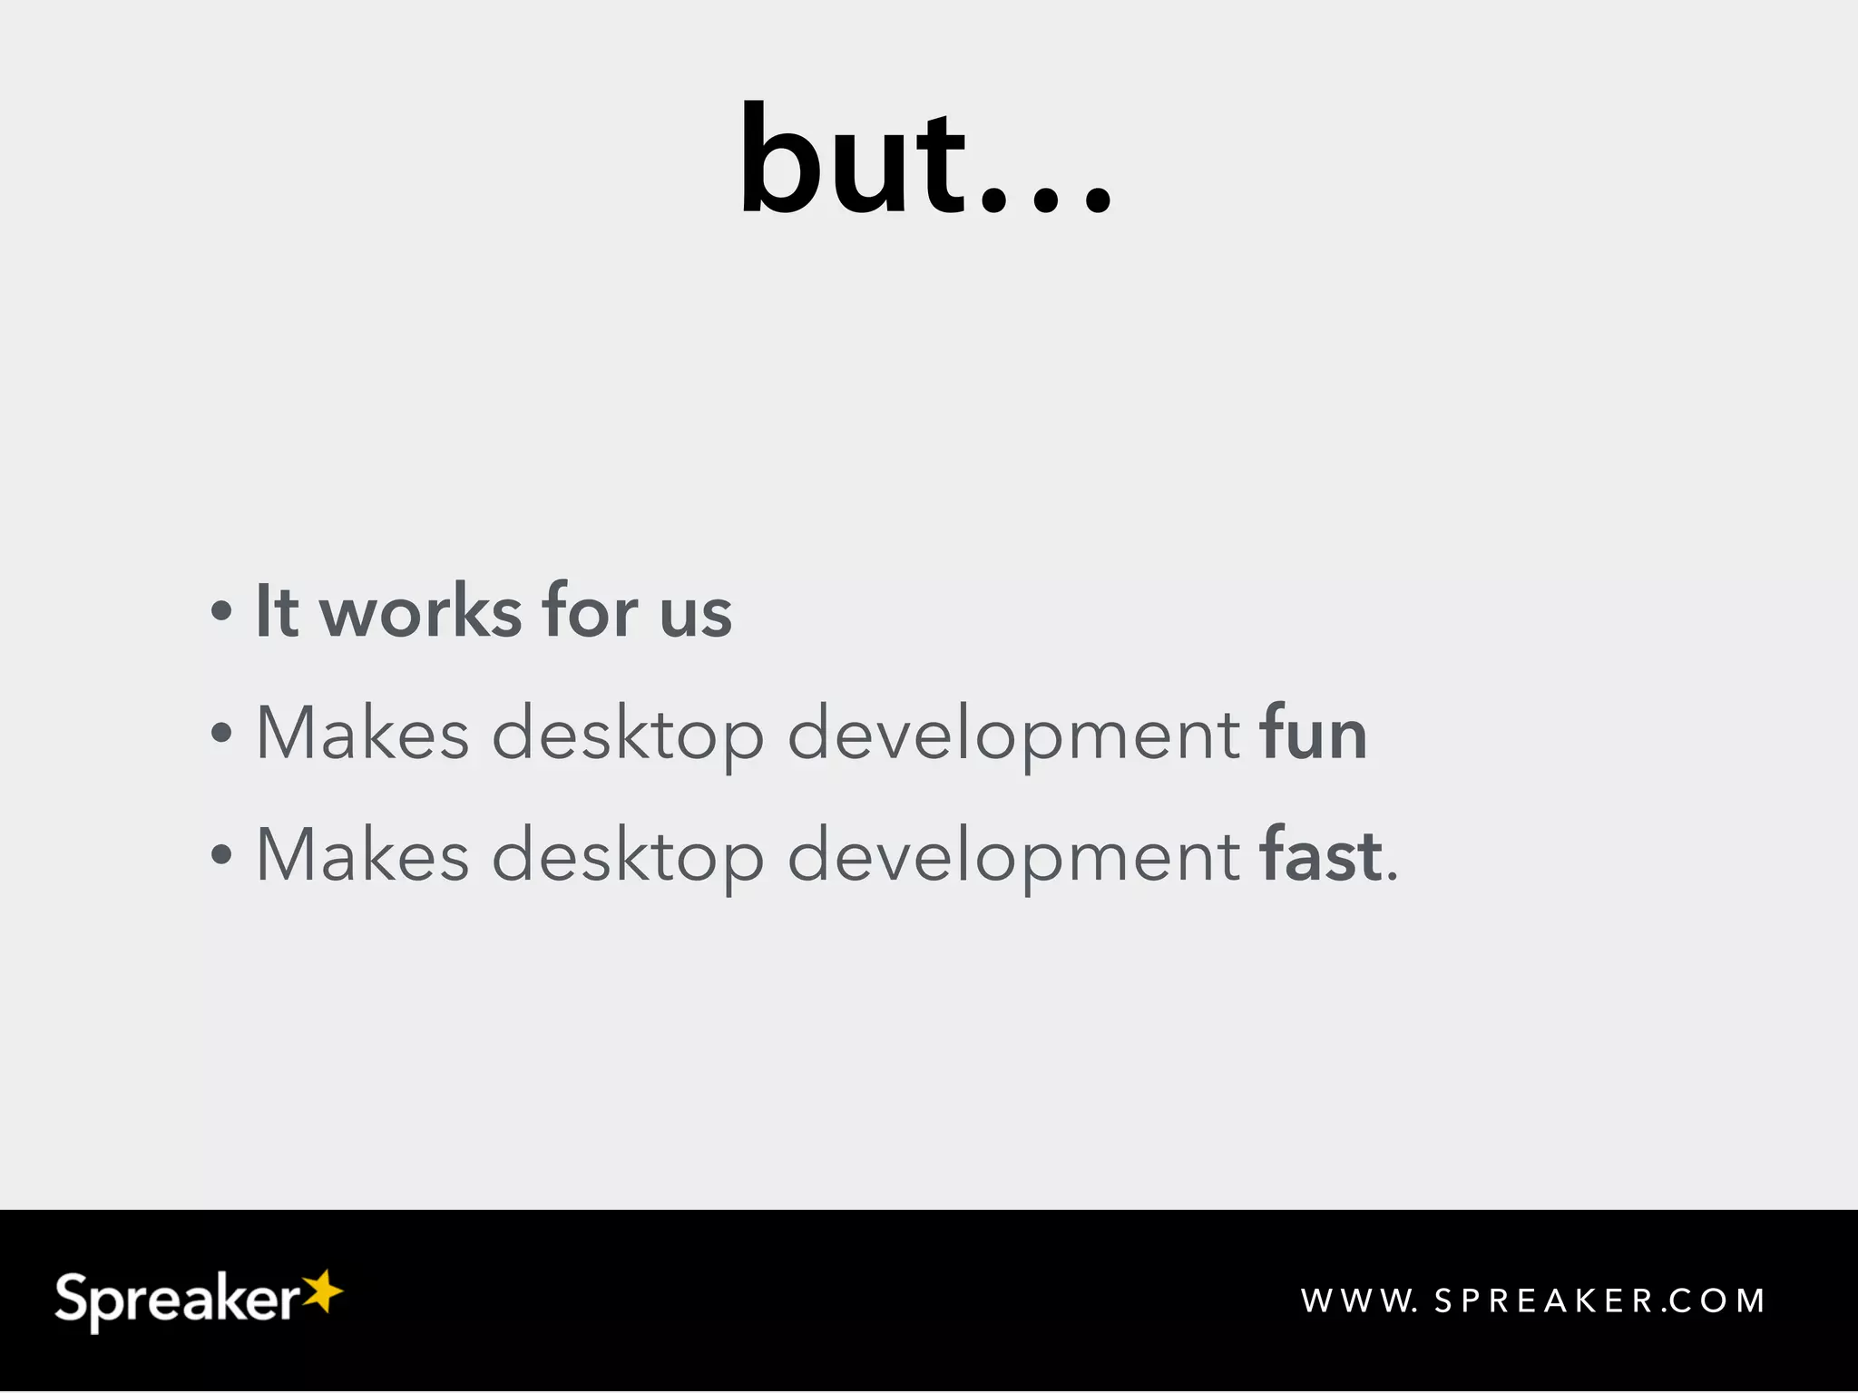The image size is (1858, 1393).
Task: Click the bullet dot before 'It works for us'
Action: point(220,611)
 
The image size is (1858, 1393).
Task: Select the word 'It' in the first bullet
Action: point(277,611)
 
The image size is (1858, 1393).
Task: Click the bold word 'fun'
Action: point(1313,733)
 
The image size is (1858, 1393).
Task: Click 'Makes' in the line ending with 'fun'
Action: point(363,733)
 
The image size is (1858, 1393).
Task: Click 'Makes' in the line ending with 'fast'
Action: point(363,854)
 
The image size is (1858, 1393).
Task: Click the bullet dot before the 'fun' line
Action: point(220,733)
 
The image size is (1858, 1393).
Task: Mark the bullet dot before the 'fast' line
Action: point(220,854)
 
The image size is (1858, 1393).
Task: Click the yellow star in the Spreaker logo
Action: point(321,1291)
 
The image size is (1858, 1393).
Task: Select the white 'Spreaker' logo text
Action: point(177,1300)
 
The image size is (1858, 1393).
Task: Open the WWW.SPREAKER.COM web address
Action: point(1533,1301)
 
